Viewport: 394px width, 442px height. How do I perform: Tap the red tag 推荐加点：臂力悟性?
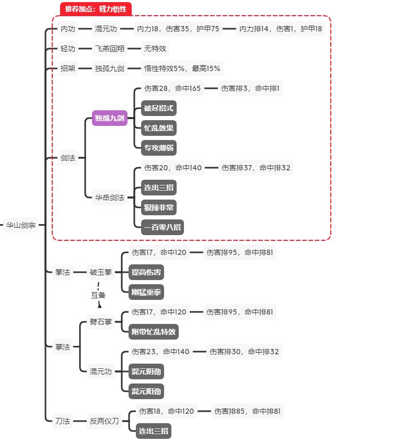pos(96,9)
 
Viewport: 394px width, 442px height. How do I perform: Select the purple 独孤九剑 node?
pos(110,119)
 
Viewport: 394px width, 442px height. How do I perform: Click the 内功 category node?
pos(68,29)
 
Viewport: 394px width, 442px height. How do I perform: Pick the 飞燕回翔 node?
pos(110,49)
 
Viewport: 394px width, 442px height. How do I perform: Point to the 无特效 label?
pos(156,49)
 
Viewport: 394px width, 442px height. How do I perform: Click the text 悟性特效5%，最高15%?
pos(182,68)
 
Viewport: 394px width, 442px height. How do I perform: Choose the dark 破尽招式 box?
pos(159,109)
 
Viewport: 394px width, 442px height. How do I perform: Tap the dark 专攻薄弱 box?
pos(159,148)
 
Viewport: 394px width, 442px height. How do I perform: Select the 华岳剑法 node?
pos(110,197)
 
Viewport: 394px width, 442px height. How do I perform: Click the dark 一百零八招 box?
pos(163,227)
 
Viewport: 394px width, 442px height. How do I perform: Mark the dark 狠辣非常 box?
pos(159,207)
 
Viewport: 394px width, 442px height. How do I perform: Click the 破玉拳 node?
pos(101,272)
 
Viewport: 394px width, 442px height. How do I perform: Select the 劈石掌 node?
pos(101,321)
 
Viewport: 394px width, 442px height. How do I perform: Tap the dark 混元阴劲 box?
pos(146,371)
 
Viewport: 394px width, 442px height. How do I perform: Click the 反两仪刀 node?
pos(105,421)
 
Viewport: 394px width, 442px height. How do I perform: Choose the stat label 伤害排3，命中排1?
pos(250,89)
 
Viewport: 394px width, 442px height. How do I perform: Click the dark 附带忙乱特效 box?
pos(154,331)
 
